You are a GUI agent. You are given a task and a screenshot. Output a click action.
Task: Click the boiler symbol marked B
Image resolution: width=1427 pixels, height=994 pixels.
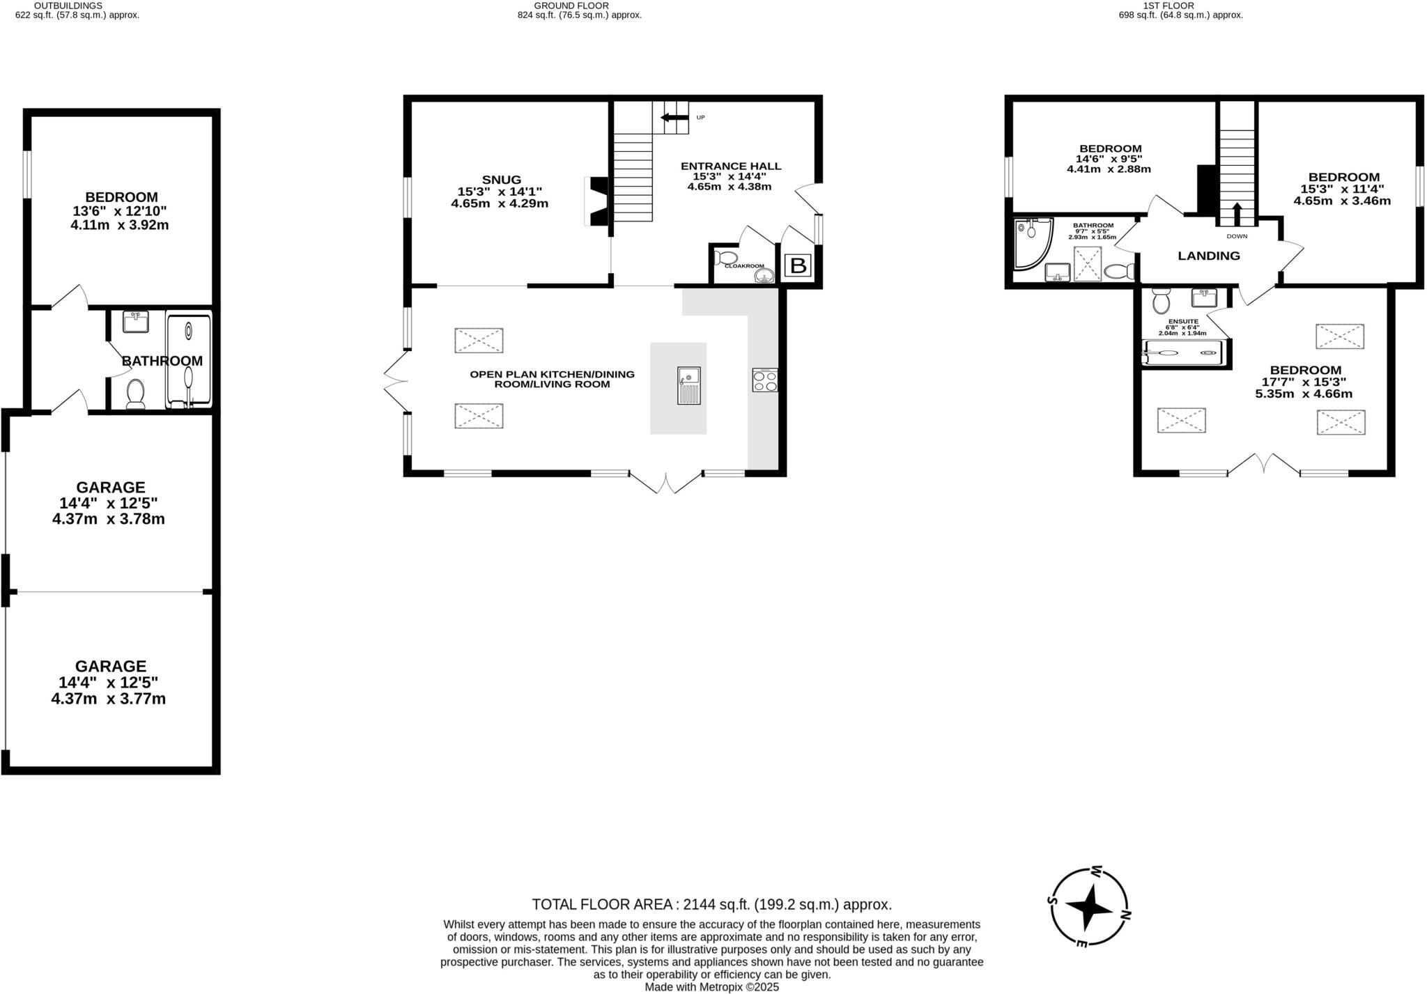pos(799,265)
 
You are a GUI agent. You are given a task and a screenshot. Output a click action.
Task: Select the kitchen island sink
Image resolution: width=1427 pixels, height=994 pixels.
pos(688,385)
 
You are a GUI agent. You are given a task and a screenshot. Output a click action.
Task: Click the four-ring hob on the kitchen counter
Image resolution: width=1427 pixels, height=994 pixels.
pos(764,380)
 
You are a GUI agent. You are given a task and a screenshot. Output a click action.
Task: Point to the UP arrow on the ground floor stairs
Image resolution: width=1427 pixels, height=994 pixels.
pos(673,117)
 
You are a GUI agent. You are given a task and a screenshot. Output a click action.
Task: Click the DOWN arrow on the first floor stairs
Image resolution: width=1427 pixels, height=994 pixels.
pos(1237,215)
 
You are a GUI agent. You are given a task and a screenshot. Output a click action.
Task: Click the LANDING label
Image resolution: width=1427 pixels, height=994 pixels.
pos(1208,256)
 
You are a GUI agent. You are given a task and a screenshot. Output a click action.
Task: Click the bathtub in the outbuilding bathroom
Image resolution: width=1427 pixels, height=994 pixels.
pos(188,361)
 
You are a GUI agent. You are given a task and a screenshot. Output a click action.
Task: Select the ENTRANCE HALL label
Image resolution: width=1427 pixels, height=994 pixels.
pos(730,166)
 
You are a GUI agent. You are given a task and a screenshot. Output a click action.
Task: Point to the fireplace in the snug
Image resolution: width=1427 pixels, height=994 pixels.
pos(598,201)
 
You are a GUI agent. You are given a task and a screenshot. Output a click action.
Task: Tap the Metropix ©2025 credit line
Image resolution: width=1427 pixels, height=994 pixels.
pos(711,987)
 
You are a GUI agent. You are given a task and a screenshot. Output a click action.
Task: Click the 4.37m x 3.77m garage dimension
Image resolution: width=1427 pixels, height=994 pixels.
pos(109,699)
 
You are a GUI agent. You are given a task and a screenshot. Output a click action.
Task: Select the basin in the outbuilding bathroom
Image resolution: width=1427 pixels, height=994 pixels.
pos(135,322)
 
